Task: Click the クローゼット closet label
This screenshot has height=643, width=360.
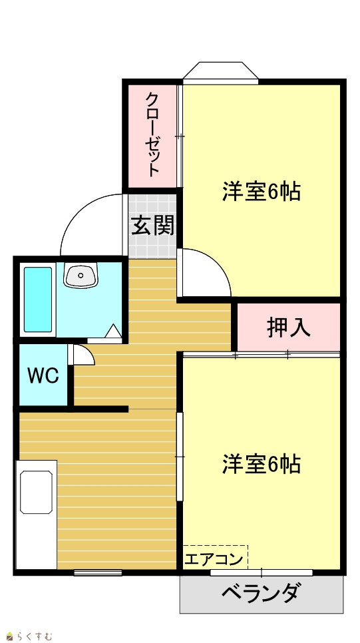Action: [152, 135]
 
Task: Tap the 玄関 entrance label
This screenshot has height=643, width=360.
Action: [152, 226]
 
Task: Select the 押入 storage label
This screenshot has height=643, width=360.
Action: [288, 327]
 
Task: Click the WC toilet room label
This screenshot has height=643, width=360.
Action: [43, 375]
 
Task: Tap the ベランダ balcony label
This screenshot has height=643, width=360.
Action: [262, 592]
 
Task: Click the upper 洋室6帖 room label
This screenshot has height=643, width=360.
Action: [262, 191]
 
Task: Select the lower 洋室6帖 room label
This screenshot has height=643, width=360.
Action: [262, 464]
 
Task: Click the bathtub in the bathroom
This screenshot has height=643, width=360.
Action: [38, 300]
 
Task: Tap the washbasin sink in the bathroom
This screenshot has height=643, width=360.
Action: [81, 276]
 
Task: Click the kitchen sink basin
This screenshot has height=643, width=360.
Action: [36, 492]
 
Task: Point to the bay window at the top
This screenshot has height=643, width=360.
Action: [221, 73]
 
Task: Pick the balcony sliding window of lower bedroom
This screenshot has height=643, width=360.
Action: [262, 572]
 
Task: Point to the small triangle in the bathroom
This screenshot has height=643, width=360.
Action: [114, 331]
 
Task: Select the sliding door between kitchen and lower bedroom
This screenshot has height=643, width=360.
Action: [180, 457]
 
